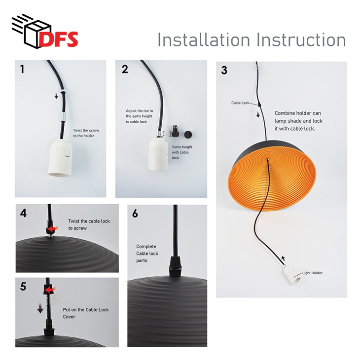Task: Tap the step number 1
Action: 22,69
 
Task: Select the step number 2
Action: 124,69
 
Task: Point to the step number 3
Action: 224,71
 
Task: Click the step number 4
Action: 23,213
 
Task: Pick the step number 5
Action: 23,287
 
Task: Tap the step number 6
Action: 136,214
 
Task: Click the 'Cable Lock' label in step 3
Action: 241,103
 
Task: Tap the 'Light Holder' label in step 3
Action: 312,273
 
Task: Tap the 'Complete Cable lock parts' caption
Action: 146,253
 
